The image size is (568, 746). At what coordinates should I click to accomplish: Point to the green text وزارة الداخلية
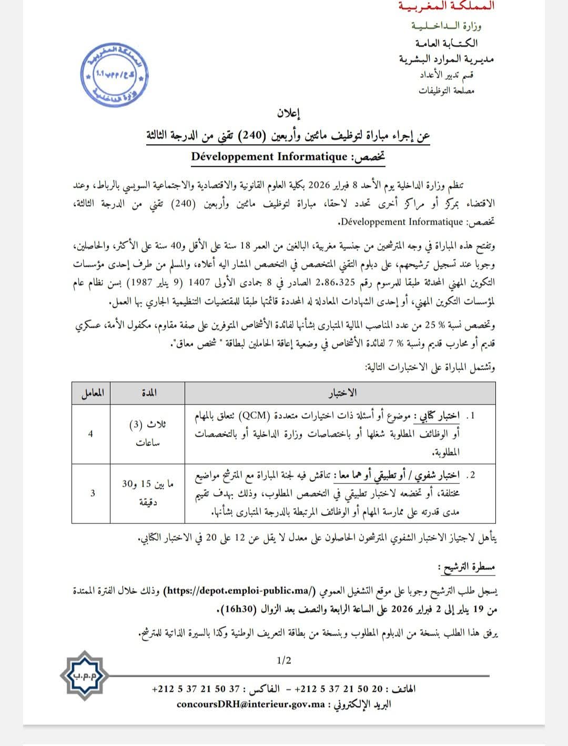[x=446, y=25]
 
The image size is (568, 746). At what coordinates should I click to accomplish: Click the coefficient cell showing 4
[x=91, y=434]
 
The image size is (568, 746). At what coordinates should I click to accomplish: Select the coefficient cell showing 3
[x=93, y=493]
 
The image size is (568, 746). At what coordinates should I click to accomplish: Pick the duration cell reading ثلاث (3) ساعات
[x=147, y=434]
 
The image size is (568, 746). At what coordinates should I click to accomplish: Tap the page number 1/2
[x=283, y=660]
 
